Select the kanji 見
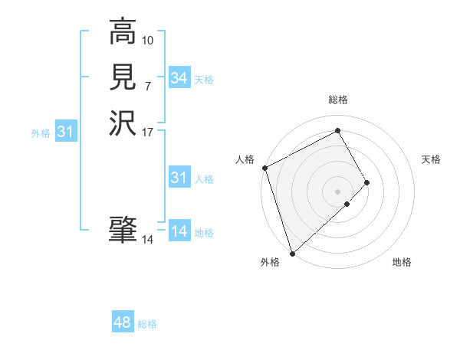coord(123,77)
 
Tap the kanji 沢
coord(123,123)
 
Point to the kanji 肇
coord(123,228)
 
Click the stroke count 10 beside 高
coord(148,40)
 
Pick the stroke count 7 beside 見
coord(148,85)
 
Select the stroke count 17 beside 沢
coord(148,131)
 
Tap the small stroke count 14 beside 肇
coord(148,240)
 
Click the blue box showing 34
coord(179,78)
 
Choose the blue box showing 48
coord(123,323)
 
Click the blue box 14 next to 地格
coord(179,231)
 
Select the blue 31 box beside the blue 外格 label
coord(66,133)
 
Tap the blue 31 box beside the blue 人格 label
coord(179,178)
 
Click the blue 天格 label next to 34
coord(204,80)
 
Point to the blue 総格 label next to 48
coord(147,325)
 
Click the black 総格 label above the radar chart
coord(338,100)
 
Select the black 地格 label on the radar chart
coord(402,263)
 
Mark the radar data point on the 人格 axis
coord(264,168)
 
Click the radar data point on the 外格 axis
coord(292,252)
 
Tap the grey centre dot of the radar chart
coord(337,191)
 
